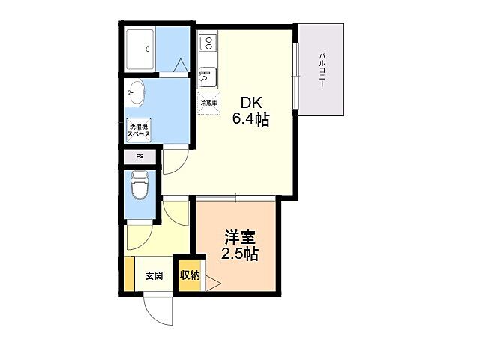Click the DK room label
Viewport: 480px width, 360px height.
coord(249,103)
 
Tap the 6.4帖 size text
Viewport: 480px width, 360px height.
coord(250,118)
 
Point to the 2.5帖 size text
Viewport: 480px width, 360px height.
coord(238,254)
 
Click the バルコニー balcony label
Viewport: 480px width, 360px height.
coord(322,70)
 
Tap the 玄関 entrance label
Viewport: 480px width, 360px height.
coord(154,275)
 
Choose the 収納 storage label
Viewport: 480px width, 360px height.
coord(189,275)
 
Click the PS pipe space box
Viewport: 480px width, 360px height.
coord(139,157)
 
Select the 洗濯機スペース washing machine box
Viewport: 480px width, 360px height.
coord(139,129)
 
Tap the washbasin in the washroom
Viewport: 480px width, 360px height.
coord(136,92)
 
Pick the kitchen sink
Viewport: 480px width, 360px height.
coord(208,76)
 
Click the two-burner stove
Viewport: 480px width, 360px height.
coord(208,43)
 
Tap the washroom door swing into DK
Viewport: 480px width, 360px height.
coord(175,159)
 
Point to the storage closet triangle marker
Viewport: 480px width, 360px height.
coord(211,283)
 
